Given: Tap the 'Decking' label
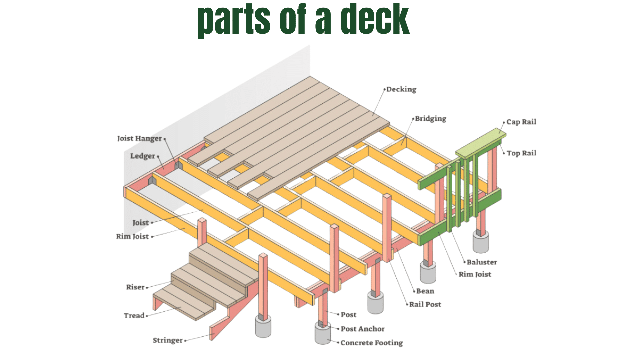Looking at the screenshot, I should point(401,89).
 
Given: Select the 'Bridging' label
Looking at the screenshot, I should point(430,119).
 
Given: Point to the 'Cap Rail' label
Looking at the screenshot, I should point(521,122).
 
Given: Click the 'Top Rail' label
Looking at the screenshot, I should point(521,153).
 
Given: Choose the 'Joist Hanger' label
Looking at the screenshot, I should point(139,138).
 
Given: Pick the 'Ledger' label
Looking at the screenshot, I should point(143,156).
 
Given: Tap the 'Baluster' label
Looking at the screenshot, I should point(482,262).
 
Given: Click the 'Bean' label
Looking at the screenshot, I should point(425,291).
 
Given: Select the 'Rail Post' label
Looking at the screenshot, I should point(425,304).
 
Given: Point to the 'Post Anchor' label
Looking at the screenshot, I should point(362,329).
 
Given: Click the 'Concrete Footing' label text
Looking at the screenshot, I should point(371,343).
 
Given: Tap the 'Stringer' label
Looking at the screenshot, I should point(168,340).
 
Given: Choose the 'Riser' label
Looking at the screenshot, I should point(135,287).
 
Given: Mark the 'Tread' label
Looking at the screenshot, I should point(134,316).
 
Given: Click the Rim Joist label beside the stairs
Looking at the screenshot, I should point(132,236).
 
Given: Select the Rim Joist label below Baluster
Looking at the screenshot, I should point(475,274).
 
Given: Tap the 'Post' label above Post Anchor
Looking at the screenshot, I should point(348,315).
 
